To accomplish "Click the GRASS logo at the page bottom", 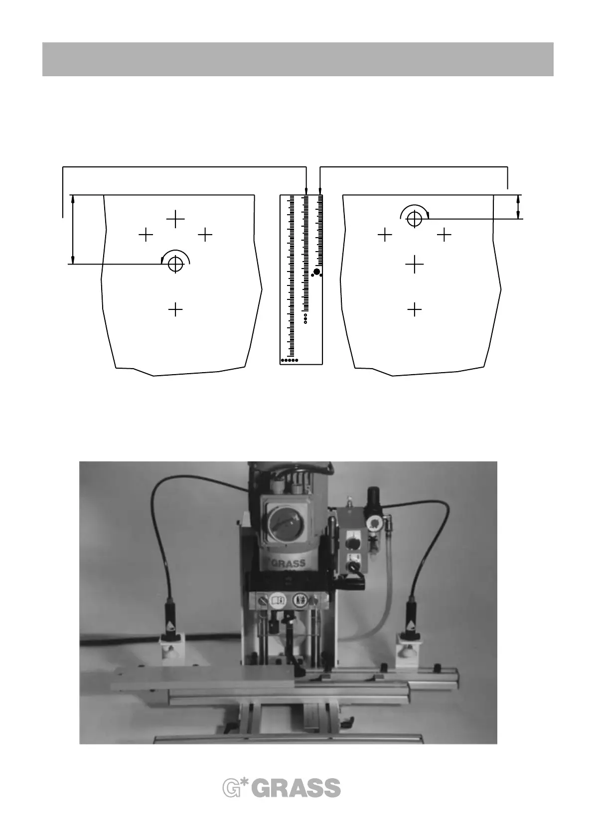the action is (x=282, y=788).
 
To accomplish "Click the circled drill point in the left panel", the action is (x=175, y=264).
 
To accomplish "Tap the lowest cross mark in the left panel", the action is (x=175, y=310).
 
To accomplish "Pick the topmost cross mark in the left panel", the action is (x=175, y=219).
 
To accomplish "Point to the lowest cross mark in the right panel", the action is (x=414, y=310).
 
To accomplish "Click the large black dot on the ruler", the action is (x=316, y=272).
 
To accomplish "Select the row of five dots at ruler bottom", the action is (x=290, y=360).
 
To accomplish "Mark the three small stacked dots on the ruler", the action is (x=305, y=318).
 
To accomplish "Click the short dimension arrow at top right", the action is (x=518, y=207).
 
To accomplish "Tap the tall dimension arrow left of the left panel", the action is (x=73, y=229).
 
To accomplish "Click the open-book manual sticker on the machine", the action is (x=277, y=600).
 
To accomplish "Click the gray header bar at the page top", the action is (x=297, y=59).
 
